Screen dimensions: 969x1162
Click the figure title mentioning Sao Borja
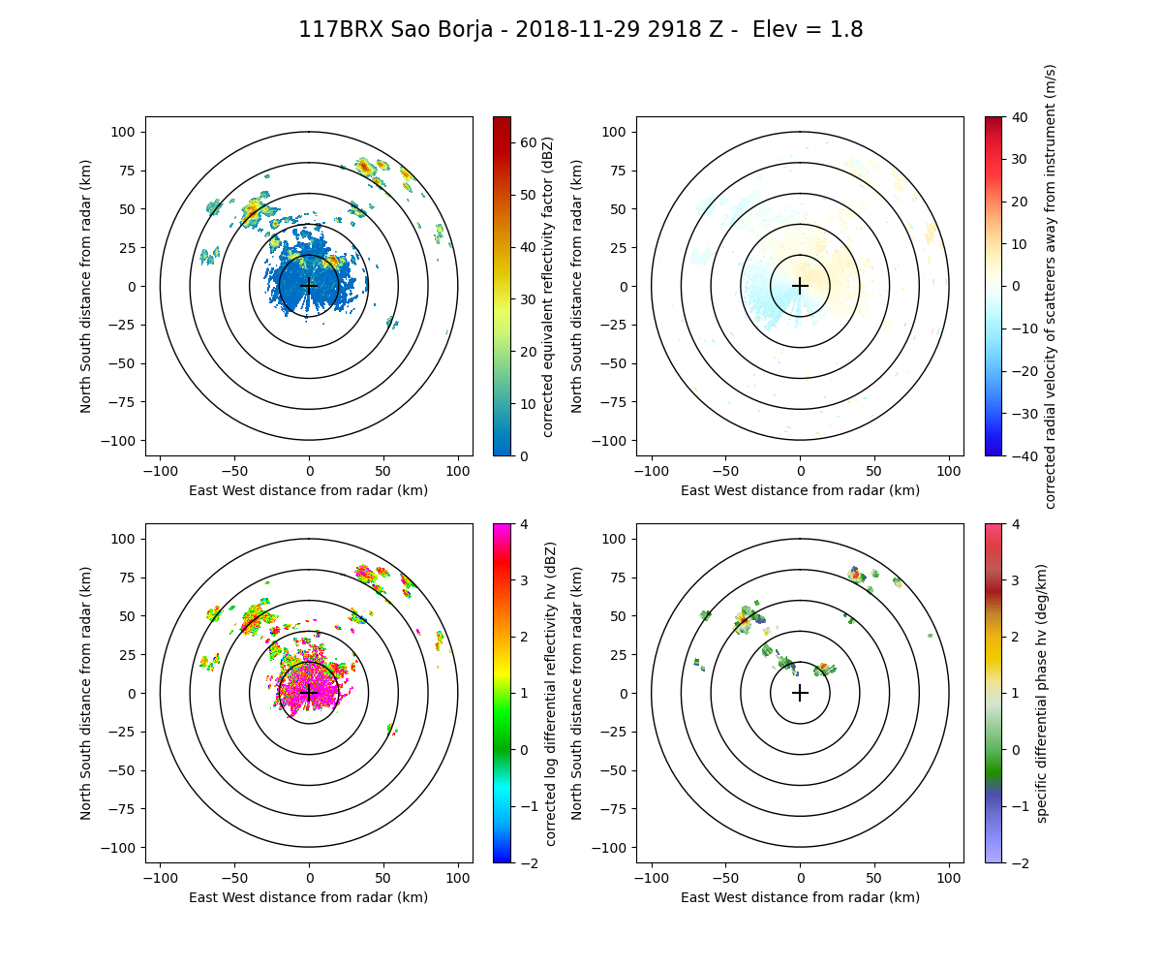pyautogui.click(x=581, y=30)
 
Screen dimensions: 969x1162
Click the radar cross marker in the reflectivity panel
pyautogui.click(x=309, y=286)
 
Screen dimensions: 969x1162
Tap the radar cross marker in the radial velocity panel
pyautogui.click(x=800, y=286)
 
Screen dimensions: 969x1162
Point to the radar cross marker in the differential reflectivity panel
pyautogui.click(x=309, y=693)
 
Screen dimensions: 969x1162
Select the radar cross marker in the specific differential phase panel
pyautogui.click(x=800, y=693)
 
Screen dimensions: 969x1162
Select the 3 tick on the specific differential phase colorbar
pyautogui.click(x=1011, y=609)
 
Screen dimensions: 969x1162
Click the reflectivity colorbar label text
pyautogui.click(x=548, y=286)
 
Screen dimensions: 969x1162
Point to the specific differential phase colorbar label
pyautogui.click(x=1042, y=693)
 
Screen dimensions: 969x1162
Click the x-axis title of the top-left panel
pyautogui.click(x=309, y=490)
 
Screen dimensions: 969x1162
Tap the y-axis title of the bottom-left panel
pyautogui.click(x=86, y=693)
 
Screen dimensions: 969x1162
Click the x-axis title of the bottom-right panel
pyautogui.click(x=800, y=897)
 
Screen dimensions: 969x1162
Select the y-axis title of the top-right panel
pyautogui.click(x=577, y=286)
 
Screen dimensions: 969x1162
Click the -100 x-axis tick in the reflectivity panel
pyautogui.click(x=161, y=470)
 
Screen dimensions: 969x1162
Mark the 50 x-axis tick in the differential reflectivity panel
pyautogui.click(x=383, y=877)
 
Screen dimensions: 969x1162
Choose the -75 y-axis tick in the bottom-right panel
pyautogui.click(x=614, y=809)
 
